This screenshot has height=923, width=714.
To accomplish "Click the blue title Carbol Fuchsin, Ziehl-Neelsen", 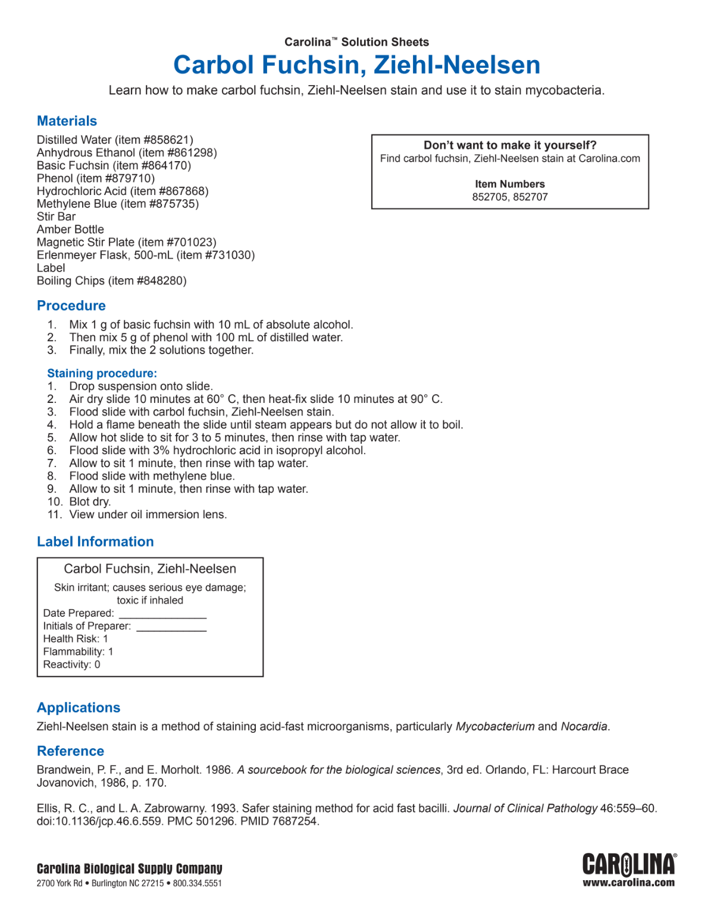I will pos(356,65).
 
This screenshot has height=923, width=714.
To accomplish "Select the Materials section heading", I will pos(67,121).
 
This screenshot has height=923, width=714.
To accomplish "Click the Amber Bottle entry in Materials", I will pos(70,229).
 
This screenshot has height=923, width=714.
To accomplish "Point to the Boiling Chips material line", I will pos(111,281).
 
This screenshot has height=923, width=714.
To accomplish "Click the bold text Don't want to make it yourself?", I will pos(510,145).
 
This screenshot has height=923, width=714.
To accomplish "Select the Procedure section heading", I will pos(71,306).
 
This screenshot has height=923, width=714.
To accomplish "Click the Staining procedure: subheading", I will pos(102,373).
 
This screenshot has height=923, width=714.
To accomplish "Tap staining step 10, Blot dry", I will pos(89,502).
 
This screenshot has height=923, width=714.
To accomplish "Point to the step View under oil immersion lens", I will pos(148,515).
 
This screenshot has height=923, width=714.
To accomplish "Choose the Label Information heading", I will pos(95,542).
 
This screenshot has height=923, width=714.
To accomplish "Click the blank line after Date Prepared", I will pos(162,616).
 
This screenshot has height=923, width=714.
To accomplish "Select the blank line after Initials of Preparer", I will pos(171,629).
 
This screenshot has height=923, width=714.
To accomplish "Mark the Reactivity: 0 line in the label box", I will pos(71,664).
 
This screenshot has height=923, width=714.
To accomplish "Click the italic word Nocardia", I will pos(584,726).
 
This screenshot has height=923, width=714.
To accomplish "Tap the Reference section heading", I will pos(70,751).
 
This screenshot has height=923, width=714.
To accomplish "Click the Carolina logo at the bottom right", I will pos(629,865).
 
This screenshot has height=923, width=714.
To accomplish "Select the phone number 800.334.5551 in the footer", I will pos(197,883).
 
